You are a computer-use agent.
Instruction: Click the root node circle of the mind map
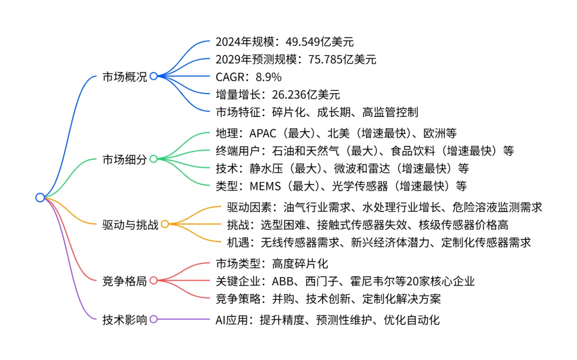[40, 198]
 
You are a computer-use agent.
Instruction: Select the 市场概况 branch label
[124, 76]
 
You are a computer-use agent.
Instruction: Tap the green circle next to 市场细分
[153, 159]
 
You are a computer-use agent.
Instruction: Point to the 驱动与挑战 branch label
[130, 224]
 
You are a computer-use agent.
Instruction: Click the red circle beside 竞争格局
[153, 280]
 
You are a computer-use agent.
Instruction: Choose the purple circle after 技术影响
[153, 319]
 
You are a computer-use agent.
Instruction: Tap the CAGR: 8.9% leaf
[248, 77]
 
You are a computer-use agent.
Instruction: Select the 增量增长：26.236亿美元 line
[277, 95]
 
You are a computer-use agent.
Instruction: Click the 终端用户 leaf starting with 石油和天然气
[364, 151]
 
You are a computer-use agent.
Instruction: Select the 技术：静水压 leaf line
[342, 168]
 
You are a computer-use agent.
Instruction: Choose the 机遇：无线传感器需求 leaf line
[379, 242]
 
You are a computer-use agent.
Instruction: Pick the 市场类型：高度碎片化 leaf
[271, 263]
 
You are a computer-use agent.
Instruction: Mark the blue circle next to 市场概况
[153, 76]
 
